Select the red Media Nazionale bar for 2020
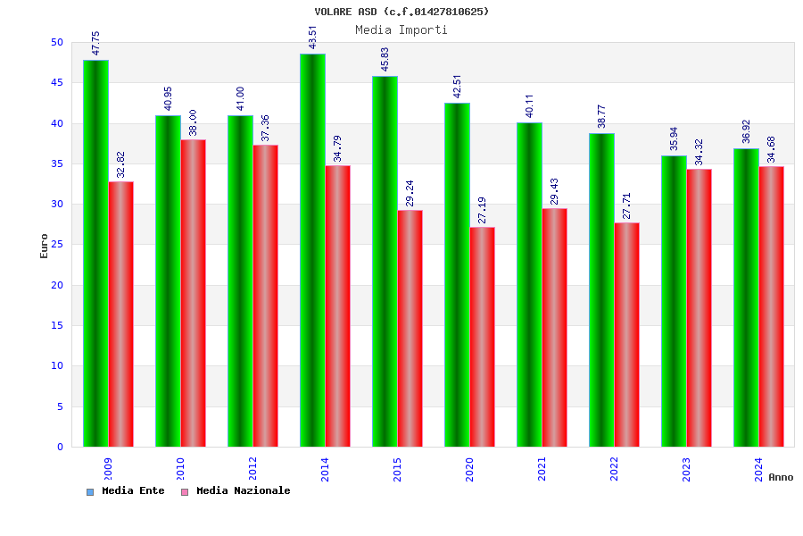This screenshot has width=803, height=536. point(483,337)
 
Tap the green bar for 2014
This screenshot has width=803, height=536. point(312,250)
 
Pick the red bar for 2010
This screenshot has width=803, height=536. point(194,293)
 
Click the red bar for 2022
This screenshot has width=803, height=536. point(627,334)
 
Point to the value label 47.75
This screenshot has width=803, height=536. point(95,43)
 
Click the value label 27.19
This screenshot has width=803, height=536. point(483,210)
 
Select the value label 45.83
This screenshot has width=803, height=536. point(385,59)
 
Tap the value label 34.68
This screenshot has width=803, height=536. point(772,149)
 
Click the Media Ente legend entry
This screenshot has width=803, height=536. point(126,491)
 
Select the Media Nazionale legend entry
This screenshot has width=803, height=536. point(236,491)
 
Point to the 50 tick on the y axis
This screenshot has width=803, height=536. point(57,42)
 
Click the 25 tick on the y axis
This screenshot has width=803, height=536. point(57,245)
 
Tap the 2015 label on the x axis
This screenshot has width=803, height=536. point(397,470)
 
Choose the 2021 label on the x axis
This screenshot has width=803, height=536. point(542,470)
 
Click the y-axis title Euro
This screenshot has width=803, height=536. point(45,246)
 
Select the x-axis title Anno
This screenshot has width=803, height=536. point(781,477)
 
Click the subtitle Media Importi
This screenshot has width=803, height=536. point(401,30)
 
